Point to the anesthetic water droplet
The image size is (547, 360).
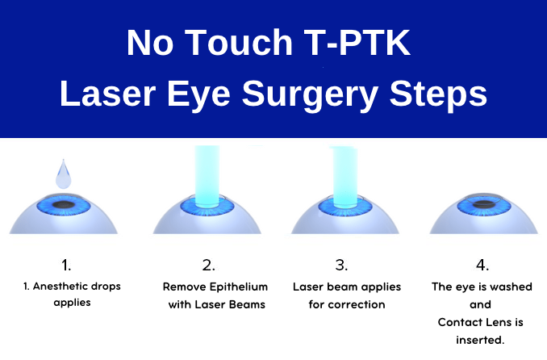point(64,173)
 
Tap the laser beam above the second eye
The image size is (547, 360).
point(207,174)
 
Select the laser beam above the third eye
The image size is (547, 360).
point(346,174)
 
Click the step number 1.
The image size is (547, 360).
point(65,264)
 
